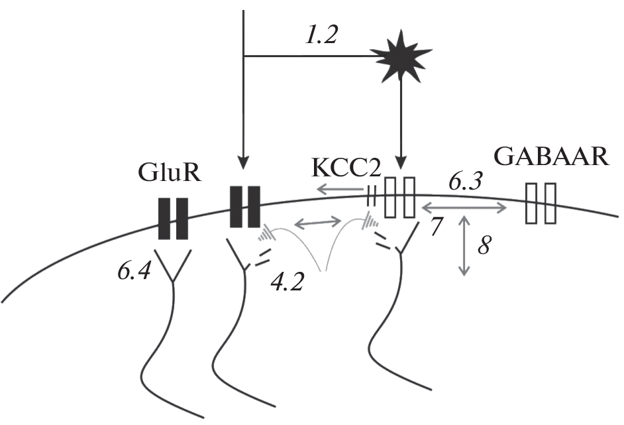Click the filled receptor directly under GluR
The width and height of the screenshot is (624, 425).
[x=173, y=217]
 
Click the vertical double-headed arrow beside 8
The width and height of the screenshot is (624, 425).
[x=464, y=245]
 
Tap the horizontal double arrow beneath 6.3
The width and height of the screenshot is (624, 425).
[x=464, y=207]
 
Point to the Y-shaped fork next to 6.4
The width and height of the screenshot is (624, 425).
[x=173, y=266]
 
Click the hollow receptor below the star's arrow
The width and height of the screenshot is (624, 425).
[x=400, y=197]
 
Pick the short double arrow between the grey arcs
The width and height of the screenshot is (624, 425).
[x=318, y=223]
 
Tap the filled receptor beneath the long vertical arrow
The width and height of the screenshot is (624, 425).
[x=244, y=206]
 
